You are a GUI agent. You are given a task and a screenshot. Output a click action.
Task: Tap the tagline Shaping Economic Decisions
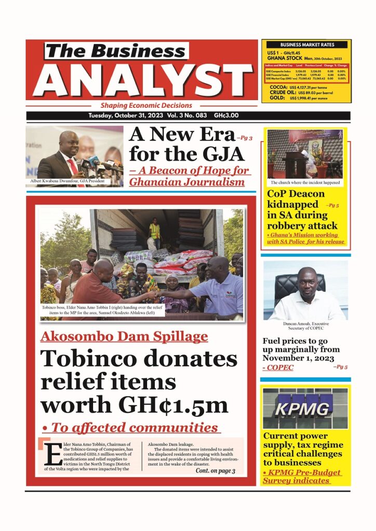coord(146,105)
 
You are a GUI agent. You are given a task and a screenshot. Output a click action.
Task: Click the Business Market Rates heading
coord(306,45)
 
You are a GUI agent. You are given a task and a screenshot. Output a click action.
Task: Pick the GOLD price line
coord(305,97)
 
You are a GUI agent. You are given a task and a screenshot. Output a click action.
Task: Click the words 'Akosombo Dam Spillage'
coord(124,337)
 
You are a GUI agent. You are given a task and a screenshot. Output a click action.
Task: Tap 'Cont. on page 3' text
coord(215,471)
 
